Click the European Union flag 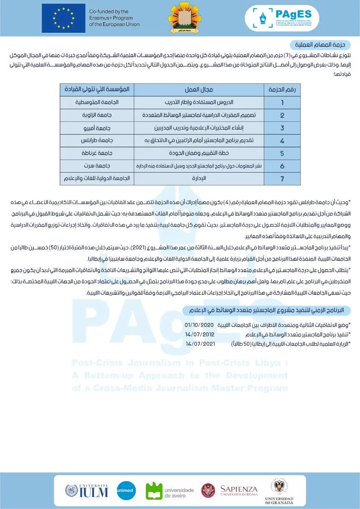click(63, 18)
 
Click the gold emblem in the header click(185, 18)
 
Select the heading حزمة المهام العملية click(320, 45)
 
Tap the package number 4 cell click(282, 140)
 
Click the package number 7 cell click(282, 178)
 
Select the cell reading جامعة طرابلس click(97, 140)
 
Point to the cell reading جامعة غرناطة click(97, 153)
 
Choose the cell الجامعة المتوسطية click(97, 102)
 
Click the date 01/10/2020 click(199, 325)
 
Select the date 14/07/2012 click(199, 334)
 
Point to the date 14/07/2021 click(200, 343)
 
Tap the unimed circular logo click(126, 490)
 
